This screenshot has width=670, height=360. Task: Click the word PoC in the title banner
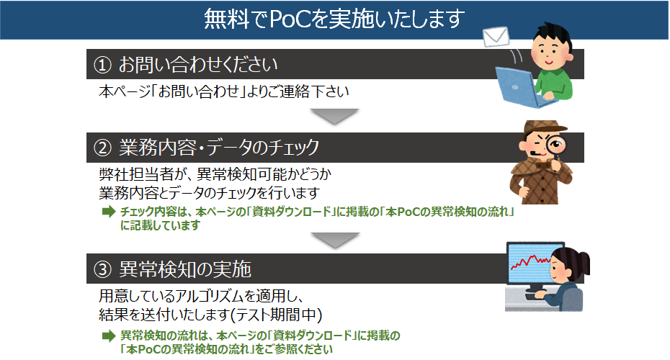point(291,19)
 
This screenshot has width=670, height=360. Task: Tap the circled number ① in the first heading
point(102,65)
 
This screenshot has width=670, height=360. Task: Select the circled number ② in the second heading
point(102,148)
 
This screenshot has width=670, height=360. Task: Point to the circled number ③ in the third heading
point(102,269)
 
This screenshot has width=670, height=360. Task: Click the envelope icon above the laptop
point(496,37)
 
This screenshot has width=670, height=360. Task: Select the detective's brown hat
point(543,129)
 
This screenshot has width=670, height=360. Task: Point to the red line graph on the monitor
point(530,261)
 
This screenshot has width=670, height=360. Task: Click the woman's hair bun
point(583,261)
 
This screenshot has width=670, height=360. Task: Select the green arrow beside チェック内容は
point(109,212)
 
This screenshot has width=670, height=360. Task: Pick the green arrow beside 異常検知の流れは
point(109,336)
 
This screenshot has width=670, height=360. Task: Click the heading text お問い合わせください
point(198,65)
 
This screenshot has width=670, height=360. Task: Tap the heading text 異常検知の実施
point(185,269)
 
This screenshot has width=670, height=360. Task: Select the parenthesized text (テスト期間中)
point(277,315)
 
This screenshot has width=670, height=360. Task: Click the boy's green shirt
point(555,84)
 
